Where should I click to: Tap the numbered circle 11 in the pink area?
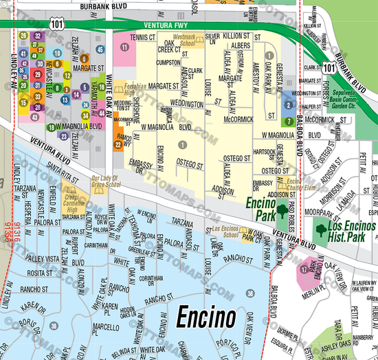[x=124, y=47]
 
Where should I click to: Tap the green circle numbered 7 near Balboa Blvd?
[x=289, y=122]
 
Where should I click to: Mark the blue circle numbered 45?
[x=100, y=49]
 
